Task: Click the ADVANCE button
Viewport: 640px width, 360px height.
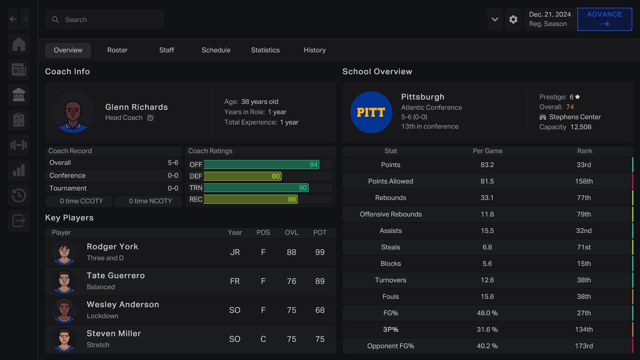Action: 604,19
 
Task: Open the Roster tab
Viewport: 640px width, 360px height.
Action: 117,50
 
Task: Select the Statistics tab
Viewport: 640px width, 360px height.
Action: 265,50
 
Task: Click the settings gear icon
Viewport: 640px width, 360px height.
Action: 513,19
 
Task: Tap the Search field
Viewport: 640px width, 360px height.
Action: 104,20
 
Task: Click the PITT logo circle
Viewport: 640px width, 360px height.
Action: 371,112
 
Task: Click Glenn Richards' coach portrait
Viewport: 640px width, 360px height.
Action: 73,112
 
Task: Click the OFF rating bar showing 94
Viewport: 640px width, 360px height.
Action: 261,164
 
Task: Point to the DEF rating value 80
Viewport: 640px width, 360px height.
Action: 276,176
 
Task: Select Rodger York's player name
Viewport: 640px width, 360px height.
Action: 112,247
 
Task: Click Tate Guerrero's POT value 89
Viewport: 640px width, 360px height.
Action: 320,281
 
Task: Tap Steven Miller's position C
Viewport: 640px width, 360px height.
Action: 263,339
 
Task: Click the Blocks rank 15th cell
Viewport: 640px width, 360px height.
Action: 584,264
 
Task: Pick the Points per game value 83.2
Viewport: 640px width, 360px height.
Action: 487,165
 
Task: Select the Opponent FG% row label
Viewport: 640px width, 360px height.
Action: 390,346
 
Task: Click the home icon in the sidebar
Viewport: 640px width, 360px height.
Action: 19,44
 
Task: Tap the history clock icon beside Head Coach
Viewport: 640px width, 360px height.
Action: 150,118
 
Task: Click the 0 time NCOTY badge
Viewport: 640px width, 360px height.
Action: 150,201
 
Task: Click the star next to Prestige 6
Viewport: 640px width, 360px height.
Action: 578,97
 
